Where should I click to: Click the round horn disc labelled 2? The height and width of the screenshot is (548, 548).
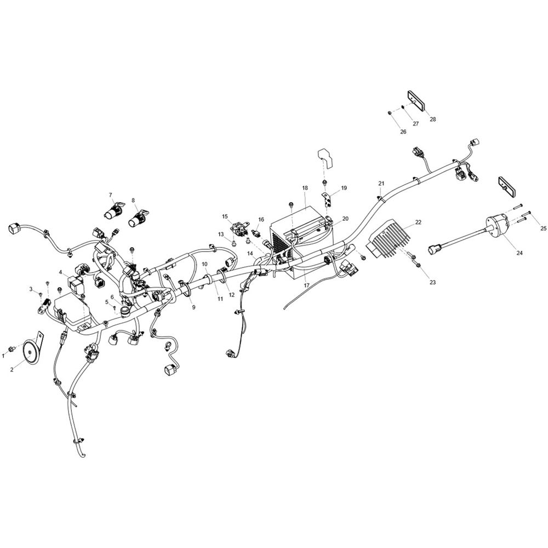[30, 353]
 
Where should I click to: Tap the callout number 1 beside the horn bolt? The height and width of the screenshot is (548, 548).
[3, 356]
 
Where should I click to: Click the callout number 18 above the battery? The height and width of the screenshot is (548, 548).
[305, 187]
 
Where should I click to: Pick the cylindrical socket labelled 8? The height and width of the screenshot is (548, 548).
[136, 219]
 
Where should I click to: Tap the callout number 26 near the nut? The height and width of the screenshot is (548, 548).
[403, 132]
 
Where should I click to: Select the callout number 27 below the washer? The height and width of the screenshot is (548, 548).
[416, 124]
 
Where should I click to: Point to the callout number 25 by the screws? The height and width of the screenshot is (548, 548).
[543, 229]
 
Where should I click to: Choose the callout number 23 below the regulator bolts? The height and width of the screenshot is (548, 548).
[432, 282]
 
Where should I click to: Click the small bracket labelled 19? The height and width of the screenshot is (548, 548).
[327, 199]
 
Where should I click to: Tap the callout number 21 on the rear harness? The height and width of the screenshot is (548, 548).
[381, 184]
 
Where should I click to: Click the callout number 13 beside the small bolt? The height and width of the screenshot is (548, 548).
[221, 234]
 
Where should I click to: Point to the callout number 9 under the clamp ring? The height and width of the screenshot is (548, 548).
[193, 307]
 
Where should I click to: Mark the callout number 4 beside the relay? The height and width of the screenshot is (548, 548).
[60, 272]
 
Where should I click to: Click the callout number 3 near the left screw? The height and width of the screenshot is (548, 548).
[31, 289]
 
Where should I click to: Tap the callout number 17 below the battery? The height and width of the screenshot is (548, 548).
[306, 285]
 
